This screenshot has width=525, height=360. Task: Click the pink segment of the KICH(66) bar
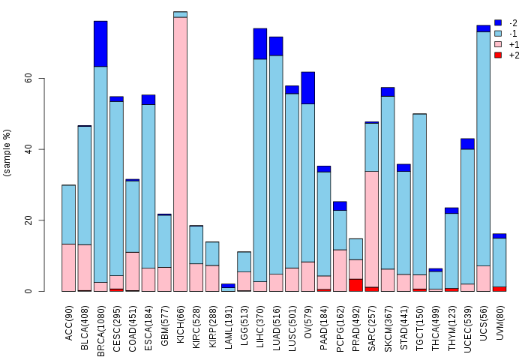click(180, 154)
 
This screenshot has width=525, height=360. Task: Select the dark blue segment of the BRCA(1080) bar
click(100, 43)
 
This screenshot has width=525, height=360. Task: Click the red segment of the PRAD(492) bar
click(355, 285)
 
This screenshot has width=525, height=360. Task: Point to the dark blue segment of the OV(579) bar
click(307, 88)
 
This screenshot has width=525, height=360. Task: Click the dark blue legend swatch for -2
click(498, 23)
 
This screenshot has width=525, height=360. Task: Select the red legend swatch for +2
click(498, 55)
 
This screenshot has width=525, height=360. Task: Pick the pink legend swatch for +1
click(498, 44)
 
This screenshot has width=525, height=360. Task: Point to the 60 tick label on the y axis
click(27, 79)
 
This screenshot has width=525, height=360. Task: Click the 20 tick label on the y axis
click(27, 220)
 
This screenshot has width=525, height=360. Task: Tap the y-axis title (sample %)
click(7, 154)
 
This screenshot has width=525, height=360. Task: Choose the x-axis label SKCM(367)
click(388, 322)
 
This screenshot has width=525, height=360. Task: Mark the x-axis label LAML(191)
click(228, 322)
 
